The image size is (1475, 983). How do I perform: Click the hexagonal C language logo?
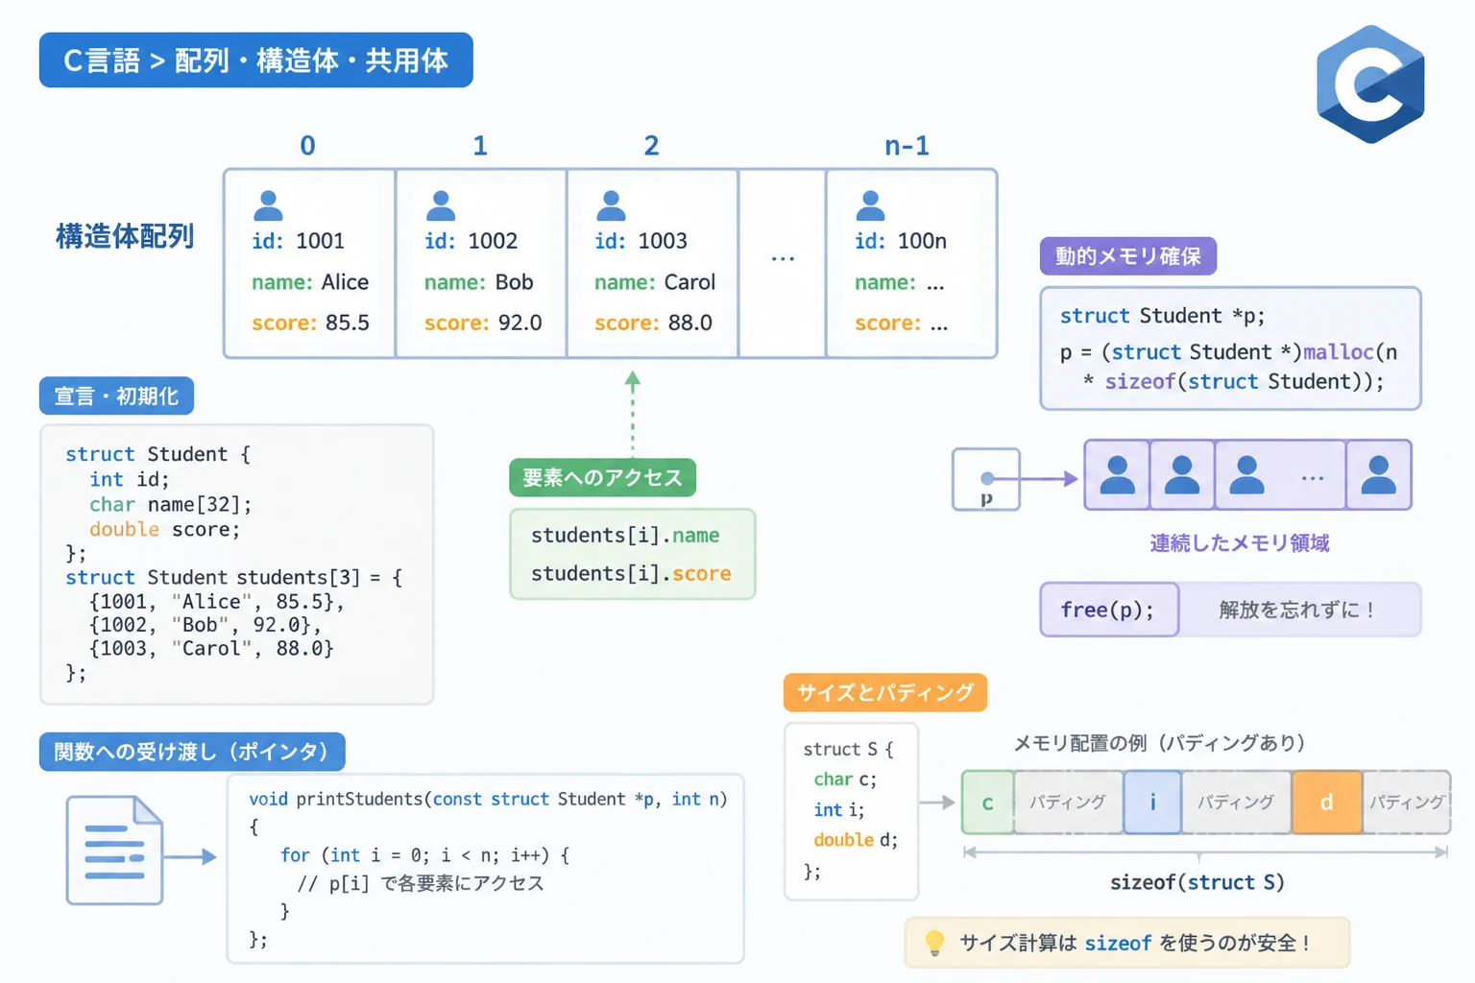pos(1370,84)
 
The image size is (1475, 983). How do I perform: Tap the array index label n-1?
pos(907,146)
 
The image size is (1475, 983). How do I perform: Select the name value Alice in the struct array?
pos(345,282)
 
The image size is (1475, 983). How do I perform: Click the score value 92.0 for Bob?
pos(520,323)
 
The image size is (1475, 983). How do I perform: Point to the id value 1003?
pos(663,241)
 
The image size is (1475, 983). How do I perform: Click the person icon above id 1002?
pos(441,205)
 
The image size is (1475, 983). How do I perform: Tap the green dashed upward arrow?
pos(633,414)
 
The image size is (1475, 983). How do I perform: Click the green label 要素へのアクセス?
pos(602,477)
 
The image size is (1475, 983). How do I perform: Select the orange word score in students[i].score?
pos(701,573)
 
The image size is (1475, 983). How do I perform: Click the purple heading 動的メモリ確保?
pos(1128,255)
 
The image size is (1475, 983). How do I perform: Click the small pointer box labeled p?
pos(986,479)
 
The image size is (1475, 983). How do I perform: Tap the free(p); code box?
pos(1109,610)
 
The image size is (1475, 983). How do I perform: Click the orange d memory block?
pos(1327,802)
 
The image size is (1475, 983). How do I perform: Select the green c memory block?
pos(988,802)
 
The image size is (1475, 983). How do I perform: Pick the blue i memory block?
pos(1152,802)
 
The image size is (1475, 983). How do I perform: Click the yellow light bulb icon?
pos(934,942)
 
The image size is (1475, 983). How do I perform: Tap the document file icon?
pos(114,850)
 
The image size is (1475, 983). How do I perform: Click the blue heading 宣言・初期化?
pos(116,396)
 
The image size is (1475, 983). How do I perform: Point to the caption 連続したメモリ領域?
pos(1240,543)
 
